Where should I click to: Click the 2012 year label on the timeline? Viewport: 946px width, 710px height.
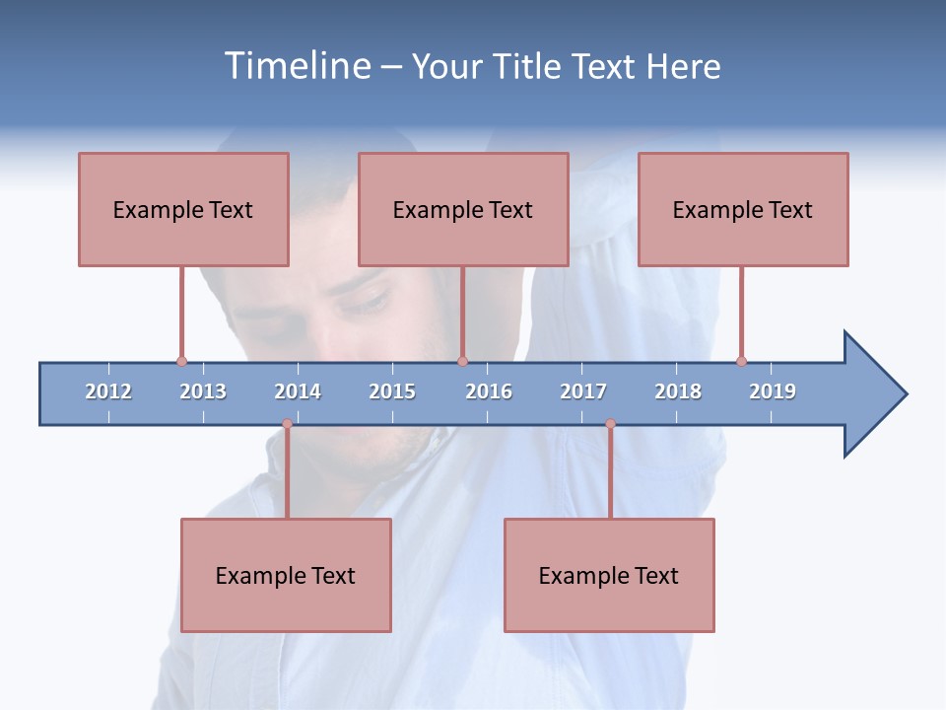click(108, 391)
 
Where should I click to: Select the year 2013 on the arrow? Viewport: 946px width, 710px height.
click(203, 391)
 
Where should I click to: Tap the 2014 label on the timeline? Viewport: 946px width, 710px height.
click(298, 391)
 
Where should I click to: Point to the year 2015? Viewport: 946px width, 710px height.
click(392, 391)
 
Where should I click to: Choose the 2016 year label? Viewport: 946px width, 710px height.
click(489, 391)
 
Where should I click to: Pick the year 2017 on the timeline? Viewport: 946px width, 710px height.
click(583, 391)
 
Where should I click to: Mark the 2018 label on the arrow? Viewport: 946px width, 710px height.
click(678, 391)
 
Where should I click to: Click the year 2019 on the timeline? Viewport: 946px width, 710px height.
click(773, 391)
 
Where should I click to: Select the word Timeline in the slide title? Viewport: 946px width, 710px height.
click(295, 66)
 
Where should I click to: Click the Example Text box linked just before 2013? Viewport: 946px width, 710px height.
click(183, 209)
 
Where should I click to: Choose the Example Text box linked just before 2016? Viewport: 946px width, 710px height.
click(463, 209)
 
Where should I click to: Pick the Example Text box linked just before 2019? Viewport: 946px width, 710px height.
click(743, 209)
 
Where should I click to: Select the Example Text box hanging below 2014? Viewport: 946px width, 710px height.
click(286, 575)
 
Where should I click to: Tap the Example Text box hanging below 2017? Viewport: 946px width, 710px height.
click(609, 575)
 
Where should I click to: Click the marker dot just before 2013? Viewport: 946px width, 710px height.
click(181, 361)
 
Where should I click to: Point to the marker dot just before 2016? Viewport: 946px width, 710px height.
click(462, 361)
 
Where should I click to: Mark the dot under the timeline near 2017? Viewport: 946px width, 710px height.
click(610, 424)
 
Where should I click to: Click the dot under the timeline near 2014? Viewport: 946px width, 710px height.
click(287, 424)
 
